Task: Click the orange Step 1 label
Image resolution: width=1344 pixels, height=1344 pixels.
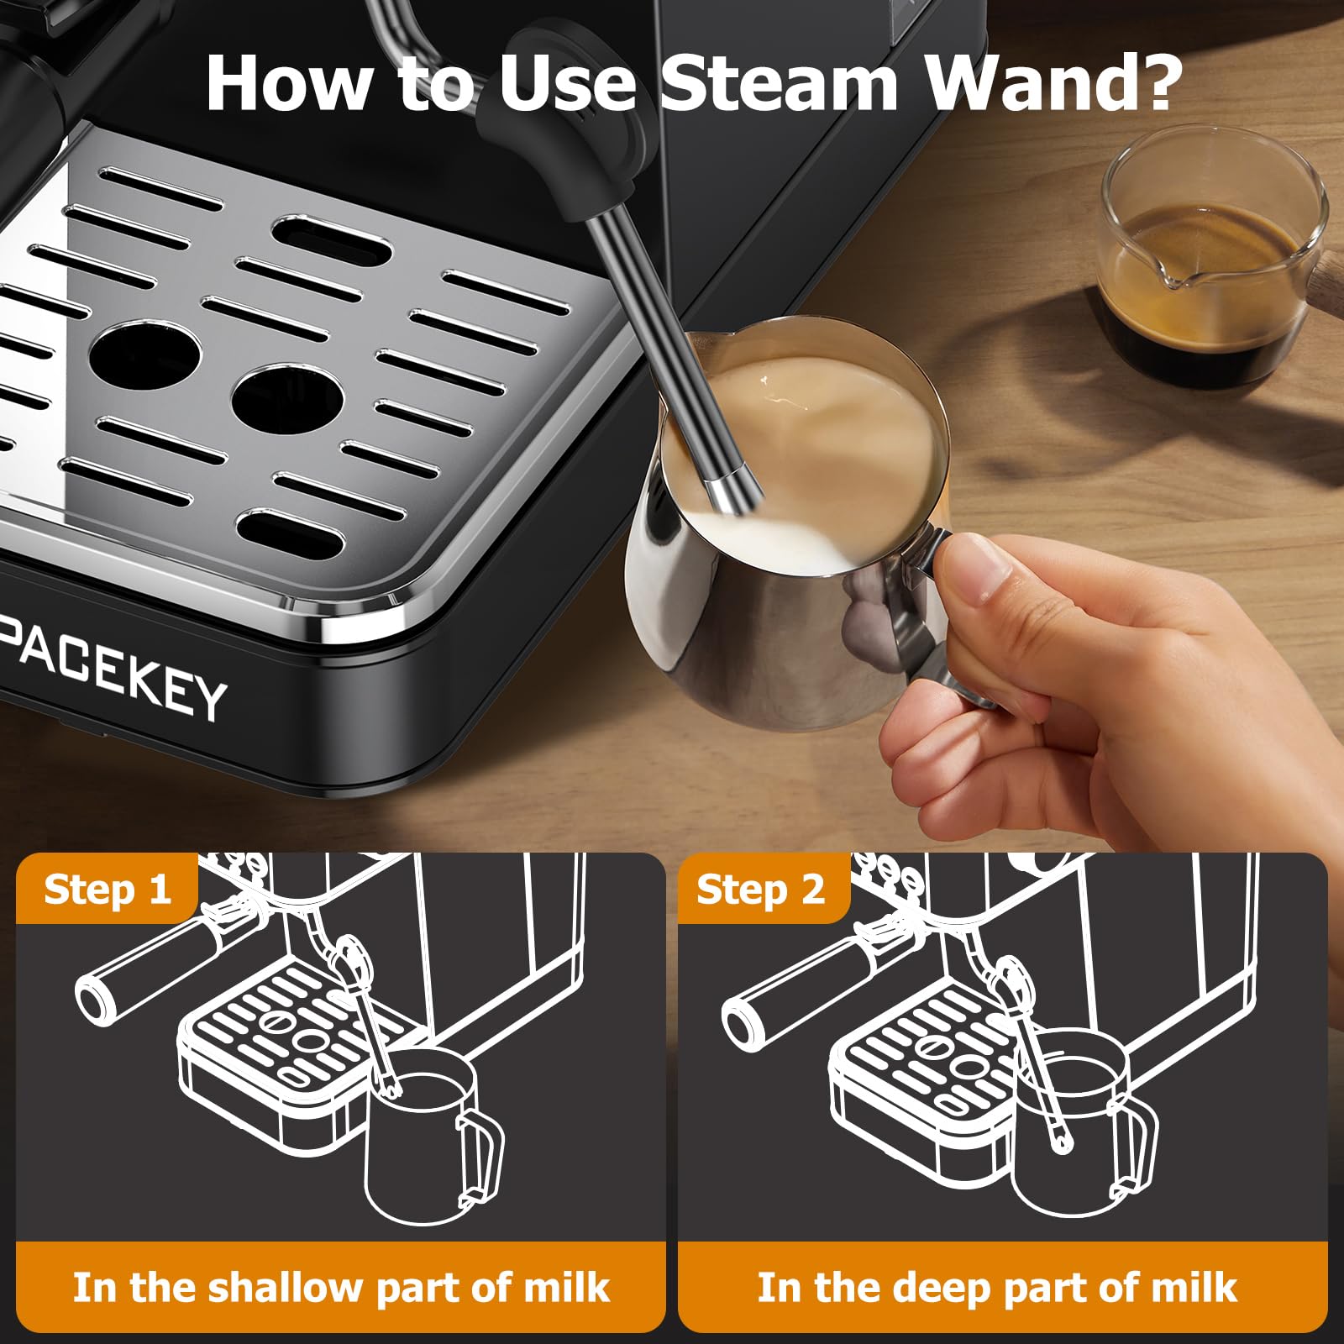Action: (107, 890)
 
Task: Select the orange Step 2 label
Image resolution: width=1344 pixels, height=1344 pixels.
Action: (761, 890)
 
